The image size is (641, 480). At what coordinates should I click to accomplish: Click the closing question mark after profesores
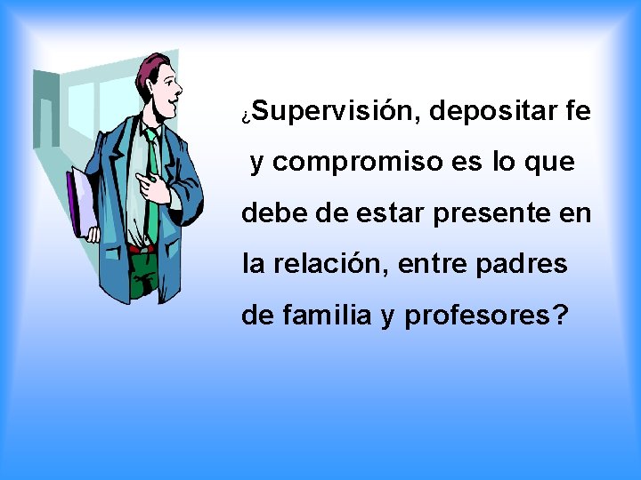558,316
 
